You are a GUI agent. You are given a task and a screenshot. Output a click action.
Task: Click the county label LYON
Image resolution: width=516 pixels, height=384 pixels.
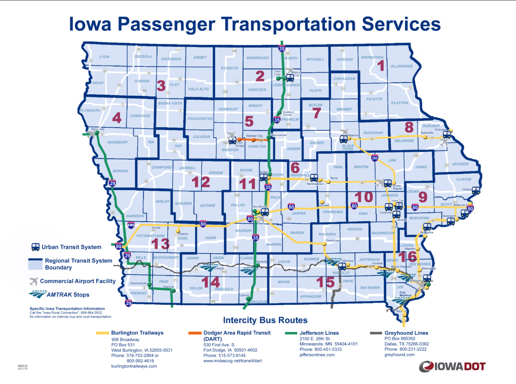[104, 57]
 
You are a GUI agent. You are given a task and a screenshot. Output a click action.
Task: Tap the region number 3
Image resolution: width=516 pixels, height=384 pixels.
[161, 86]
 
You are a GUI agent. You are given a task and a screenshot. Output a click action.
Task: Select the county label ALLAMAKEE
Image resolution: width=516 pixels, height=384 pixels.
[402, 66]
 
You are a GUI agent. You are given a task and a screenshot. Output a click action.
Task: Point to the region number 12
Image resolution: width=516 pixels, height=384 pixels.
[201, 182]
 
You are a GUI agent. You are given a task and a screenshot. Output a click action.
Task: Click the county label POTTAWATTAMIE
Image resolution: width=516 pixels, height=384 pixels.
[151, 236]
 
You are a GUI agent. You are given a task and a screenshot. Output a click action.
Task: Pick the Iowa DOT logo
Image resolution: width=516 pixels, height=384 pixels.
[452, 366]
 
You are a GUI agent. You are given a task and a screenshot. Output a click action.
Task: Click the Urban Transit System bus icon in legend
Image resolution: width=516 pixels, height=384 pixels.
[35, 247]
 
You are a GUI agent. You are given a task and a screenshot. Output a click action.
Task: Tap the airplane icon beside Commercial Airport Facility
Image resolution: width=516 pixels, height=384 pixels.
[34, 281]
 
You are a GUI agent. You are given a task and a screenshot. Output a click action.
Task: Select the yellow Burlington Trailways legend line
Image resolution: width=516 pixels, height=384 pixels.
[102, 333]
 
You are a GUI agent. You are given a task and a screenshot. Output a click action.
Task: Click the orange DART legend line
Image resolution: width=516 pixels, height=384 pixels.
[195, 333]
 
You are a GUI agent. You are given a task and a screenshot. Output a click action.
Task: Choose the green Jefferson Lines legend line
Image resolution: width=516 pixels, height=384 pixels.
[291, 333]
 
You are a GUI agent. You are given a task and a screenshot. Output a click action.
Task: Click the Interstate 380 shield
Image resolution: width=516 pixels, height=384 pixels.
[375, 158]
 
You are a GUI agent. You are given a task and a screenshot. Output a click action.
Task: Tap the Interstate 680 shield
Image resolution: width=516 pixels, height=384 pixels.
[131, 225]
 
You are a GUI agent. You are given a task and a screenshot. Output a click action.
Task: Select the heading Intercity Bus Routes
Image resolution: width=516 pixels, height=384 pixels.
[265, 320]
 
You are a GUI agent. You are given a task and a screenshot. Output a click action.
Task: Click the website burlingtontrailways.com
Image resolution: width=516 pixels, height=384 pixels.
[134, 366]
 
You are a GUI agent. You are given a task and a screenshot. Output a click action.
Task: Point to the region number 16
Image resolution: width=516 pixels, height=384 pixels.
[408, 256]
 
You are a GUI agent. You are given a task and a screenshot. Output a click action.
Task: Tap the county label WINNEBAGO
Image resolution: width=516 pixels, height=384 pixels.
[257, 58]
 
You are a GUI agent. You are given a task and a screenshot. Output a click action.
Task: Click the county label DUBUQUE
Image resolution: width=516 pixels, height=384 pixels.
[431, 126]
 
